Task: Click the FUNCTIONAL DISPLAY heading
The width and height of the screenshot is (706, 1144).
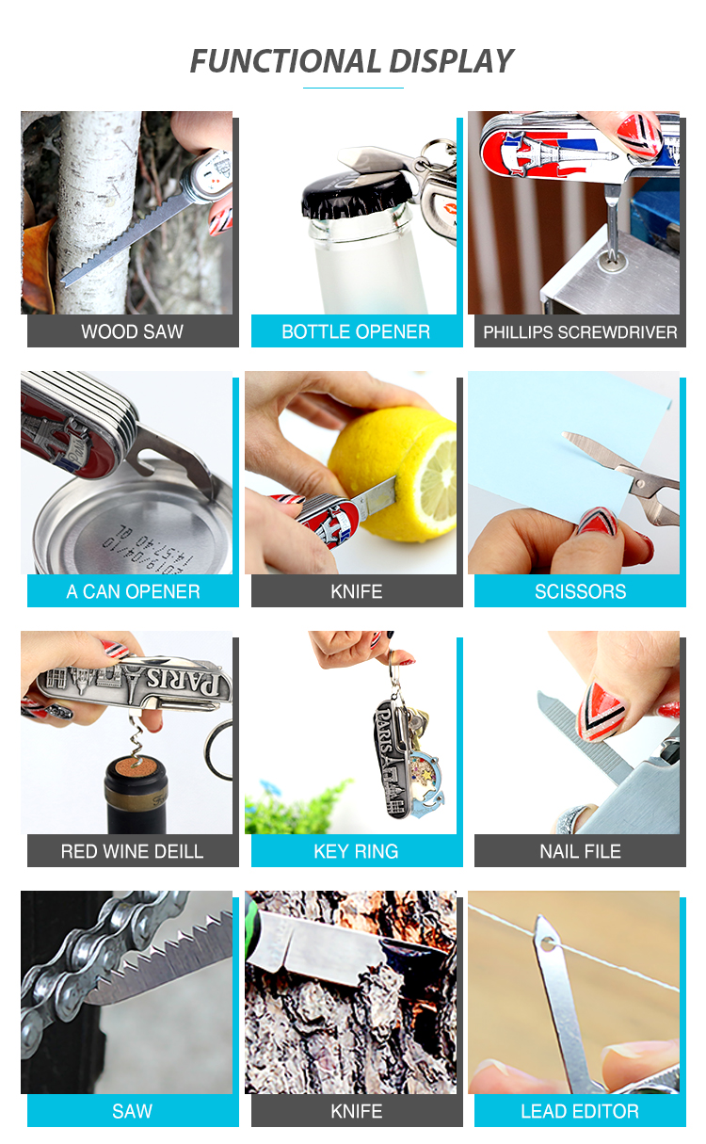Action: pyautogui.click(x=352, y=61)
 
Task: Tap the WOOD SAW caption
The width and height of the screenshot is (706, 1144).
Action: pyautogui.click(x=132, y=332)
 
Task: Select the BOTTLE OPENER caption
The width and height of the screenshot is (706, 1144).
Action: pyautogui.click(x=356, y=332)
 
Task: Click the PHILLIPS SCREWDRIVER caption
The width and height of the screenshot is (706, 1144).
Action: pyautogui.click(x=580, y=332)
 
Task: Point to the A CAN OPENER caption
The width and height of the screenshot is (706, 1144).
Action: pyautogui.click(x=133, y=591)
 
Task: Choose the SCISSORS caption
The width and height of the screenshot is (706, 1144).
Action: pyautogui.click(x=581, y=591)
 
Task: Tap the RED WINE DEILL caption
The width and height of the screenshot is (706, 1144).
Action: pyautogui.click(x=132, y=851)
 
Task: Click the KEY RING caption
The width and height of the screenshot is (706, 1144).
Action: pyautogui.click(x=356, y=851)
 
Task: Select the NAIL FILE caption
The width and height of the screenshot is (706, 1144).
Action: pyautogui.click(x=581, y=851)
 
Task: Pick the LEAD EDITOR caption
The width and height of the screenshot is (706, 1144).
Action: pyautogui.click(x=580, y=1111)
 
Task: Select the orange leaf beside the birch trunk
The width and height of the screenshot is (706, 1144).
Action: pyautogui.click(x=38, y=266)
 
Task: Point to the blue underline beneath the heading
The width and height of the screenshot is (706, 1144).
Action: pyautogui.click(x=353, y=88)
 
